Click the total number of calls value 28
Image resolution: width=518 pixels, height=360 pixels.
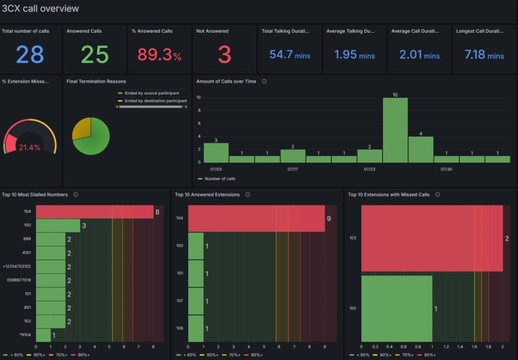30,55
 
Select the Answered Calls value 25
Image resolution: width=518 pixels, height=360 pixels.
95,55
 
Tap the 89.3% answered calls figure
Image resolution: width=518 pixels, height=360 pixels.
159,55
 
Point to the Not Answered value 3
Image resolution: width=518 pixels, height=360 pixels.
225,55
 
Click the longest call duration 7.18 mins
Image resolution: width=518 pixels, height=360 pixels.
484,55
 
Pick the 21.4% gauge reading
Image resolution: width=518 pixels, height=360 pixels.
29,148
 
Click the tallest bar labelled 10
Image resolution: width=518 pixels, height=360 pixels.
395,130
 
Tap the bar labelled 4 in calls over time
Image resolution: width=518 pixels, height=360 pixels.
421,149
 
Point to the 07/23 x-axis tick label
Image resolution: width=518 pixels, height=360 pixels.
369,169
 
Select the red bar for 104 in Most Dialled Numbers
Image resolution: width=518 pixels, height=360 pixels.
95,212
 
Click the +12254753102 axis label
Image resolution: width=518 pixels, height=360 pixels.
17,266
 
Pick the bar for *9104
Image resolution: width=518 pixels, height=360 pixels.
43,335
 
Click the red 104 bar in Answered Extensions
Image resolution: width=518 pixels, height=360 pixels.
256,218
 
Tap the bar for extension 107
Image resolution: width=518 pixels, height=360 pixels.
196,301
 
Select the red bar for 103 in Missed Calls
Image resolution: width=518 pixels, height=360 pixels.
431,238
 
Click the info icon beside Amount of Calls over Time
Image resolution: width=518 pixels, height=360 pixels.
265,81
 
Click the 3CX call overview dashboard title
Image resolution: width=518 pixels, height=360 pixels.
40,9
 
